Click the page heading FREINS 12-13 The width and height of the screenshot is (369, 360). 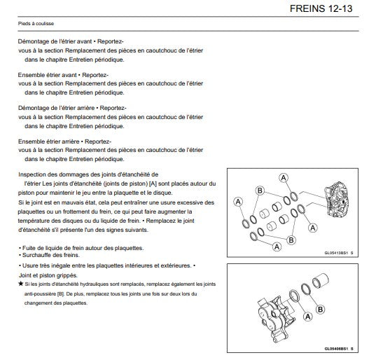[x=321, y=8]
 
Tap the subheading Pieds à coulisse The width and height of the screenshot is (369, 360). [x=36, y=24]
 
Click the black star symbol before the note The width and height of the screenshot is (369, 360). [x=21, y=284]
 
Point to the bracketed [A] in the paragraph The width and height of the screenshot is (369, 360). [x=153, y=184]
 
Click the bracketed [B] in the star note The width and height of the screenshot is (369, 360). [x=60, y=294]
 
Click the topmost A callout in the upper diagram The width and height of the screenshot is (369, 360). [x=284, y=178]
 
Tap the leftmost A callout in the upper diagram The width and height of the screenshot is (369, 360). [x=238, y=202]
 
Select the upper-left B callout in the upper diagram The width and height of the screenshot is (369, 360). [x=260, y=191]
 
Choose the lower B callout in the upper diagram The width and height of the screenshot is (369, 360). [x=291, y=240]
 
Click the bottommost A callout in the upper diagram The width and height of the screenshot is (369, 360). [x=277, y=247]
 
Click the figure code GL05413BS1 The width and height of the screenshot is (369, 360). [x=336, y=253]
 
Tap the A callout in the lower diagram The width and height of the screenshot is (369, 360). [x=308, y=317]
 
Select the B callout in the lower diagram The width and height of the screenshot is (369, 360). [x=320, y=309]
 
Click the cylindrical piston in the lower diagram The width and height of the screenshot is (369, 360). [x=321, y=280]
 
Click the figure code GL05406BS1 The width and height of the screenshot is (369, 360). [x=336, y=349]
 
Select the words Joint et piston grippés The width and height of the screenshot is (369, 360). [x=48, y=275]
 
